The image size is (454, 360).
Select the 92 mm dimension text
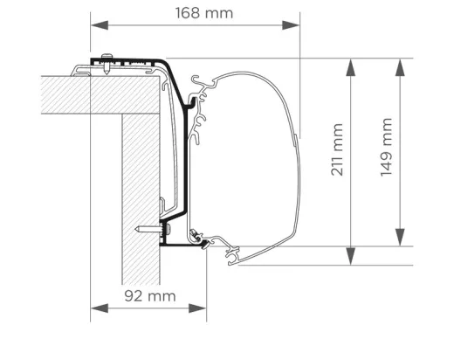(x=149, y=295)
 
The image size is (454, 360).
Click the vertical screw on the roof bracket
(x=106, y=64)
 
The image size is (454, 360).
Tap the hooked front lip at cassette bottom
(x=234, y=254)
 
